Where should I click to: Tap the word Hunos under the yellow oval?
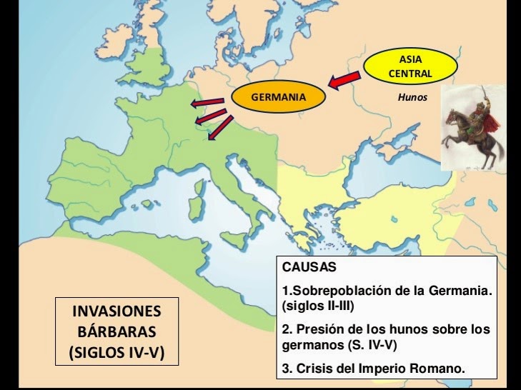(x=412, y=97)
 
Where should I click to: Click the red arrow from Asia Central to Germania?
(x=344, y=79)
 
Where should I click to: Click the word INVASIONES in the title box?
(x=117, y=312)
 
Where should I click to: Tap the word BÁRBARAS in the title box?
(x=117, y=332)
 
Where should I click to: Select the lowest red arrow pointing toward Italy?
(x=221, y=128)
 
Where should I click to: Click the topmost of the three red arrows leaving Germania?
(x=207, y=104)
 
